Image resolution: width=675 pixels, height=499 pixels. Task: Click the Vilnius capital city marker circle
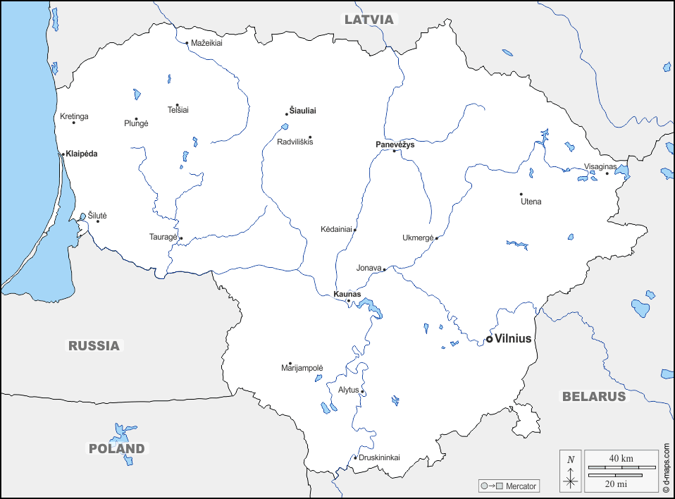tap(490, 339)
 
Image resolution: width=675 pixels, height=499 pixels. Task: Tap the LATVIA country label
tap(369, 20)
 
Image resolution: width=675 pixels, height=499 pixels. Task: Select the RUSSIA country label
tap(94, 345)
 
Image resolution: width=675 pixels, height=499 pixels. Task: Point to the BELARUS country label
tap(593, 396)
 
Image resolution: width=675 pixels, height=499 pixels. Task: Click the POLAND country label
tap(116, 448)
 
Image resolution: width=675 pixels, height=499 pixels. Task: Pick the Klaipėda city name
tap(82, 154)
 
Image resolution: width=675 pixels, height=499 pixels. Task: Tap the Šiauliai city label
tap(303, 111)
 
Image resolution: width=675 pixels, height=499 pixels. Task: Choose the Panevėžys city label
tap(395, 144)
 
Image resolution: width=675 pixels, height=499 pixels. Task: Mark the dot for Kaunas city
tap(348, 301)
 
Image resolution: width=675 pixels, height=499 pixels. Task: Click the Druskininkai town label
tap(379, 457)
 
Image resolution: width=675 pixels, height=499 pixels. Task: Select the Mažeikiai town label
tap(206, 43)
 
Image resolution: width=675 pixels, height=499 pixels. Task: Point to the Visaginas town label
tap(600, 166)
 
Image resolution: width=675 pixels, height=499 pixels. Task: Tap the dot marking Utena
tap(521, 194)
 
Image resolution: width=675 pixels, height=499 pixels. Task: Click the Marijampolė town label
tap(302, 369)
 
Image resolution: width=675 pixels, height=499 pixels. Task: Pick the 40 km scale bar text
tap(621, 459)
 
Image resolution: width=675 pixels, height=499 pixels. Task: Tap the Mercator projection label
tap(521, 486)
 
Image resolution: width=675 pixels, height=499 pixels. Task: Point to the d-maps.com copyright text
tap(666, 467)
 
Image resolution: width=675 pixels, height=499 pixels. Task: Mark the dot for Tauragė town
tap(181, 238)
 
